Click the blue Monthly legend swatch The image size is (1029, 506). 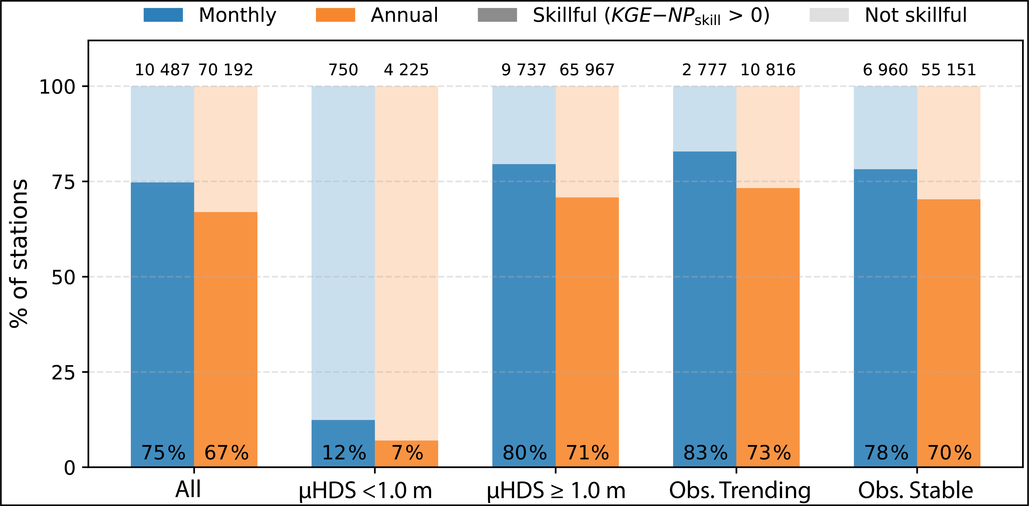point(163,15)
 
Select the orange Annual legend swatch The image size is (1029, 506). point(335,15)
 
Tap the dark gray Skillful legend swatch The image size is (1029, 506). point(497,15)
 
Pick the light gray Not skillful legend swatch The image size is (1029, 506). point(829,15)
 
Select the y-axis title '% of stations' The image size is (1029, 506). point(19,253)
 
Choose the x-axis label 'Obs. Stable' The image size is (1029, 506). point(915,490)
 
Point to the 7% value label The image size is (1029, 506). point(407,453)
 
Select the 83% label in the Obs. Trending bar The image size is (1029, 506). point(705,453)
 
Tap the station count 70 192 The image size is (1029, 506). point(226,70)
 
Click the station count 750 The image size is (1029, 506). point(343,70)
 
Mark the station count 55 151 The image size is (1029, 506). point(949,70)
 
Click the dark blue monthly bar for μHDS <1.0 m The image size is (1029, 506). point(343,443)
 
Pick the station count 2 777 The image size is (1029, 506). point(704,70)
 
